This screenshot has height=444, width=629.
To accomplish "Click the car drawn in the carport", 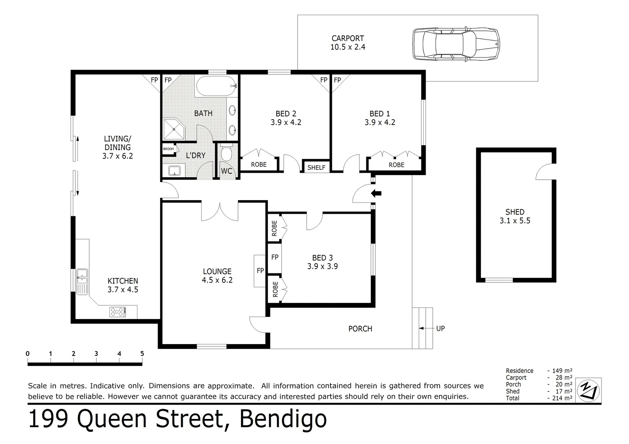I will (456, 44).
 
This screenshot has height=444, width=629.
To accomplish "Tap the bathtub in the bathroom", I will (216, 86).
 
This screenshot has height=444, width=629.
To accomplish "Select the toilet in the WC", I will (226, 154).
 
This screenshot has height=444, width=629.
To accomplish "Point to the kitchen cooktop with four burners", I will (118, 312).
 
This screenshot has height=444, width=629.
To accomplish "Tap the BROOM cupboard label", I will (168, 149).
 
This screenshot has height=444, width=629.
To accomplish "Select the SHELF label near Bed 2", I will (316, 167).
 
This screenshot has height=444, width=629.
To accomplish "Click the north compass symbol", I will (589, 390).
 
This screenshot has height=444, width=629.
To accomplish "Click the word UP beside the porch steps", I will (440, 328).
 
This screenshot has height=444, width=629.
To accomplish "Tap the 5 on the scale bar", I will (142, 354).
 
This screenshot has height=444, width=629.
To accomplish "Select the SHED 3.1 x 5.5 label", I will (515, 216).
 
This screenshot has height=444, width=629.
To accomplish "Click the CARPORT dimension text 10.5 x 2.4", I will (348, 47).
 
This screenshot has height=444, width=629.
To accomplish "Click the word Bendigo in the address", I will (283, 419).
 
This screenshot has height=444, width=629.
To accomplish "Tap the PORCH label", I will (360, 328).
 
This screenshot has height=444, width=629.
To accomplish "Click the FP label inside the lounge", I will (260, 271).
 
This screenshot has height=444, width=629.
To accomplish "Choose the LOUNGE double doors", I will (220, 210).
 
